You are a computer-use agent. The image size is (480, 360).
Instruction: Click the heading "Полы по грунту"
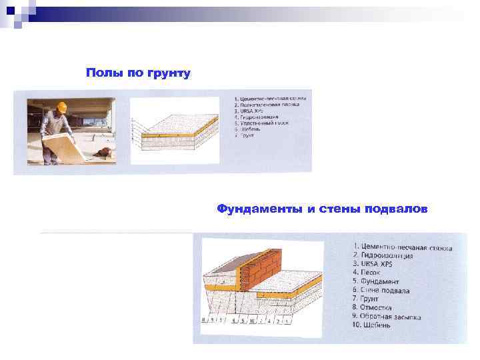click(138, 72)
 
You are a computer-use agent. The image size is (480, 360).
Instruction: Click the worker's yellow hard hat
click(62, 106)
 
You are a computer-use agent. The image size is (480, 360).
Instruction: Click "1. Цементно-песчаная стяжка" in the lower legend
click(403, 248)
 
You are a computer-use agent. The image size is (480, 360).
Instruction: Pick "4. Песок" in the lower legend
click(367, 273)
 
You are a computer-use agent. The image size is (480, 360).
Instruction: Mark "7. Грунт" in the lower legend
click(367, 299)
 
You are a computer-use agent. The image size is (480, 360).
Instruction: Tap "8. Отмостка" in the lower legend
click(372, 308)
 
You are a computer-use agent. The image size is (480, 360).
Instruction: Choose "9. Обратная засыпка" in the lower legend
click(387, 317)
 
